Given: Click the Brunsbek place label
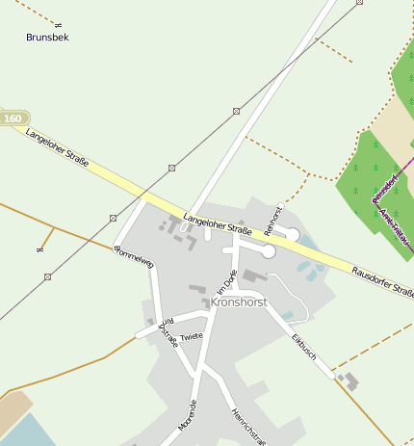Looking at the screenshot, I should pyautogui.click(x=47, y=38).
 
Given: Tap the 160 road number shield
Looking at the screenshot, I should pyautogui.click(x=13, y=118).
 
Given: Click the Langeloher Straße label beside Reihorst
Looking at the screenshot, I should pyautogui.click(x=217, y=224).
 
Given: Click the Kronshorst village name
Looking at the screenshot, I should pyautogui.click(x=238, y=302).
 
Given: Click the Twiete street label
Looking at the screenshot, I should pyautogui.click(x=192, y=336).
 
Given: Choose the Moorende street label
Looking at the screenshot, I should pyautogui.click(x=188, y=414).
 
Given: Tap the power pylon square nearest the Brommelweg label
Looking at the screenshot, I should pyautogui.click(x=114, y=218).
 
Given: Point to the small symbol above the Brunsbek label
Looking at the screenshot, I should pyautogui.click(x=58, y=22).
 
